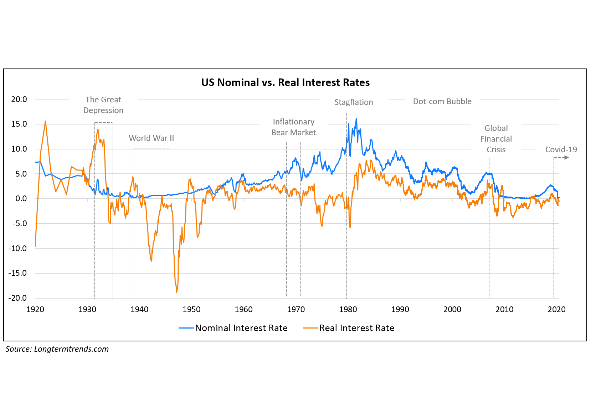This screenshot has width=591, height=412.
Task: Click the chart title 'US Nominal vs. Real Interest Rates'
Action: click(285, 82)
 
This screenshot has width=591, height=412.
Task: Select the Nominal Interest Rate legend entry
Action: click(233, 328)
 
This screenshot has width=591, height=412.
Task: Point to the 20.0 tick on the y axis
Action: click(19, 99)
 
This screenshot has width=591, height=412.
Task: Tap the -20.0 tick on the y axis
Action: click(17, 298)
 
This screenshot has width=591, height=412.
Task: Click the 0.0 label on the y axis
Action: click(21, 199)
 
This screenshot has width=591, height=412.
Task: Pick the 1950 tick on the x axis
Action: click(191, 309)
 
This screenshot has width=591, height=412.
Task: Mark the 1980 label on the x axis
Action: click(348, 309)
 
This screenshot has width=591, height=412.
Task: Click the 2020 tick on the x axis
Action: click(556, 309)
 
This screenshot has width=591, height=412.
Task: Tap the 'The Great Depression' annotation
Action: click(103, 105)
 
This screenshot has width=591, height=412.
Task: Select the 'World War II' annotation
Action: click(151, 138)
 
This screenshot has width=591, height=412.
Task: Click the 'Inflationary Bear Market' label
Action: click(293, 127)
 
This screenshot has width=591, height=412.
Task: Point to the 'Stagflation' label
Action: click(354, 102)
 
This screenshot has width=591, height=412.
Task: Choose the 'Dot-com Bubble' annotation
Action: click(442, 101)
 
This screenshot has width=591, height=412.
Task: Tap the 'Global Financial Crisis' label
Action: click(496, 139)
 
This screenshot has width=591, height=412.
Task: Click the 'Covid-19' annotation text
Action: click(561, 149)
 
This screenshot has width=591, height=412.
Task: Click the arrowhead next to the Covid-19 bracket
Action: click(567, 158)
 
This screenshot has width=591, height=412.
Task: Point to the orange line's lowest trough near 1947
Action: click(176, 292)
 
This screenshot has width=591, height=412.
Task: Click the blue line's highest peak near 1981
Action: click(356, 119)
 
